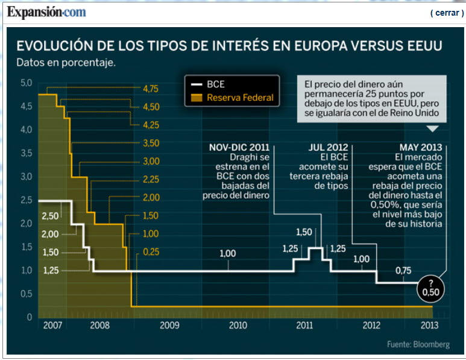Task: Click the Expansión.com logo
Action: (x=46, y=11)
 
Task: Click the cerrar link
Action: (x=447, y=13)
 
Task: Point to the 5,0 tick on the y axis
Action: (x=25, y=83)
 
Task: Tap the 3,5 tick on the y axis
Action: (x=25, y=153)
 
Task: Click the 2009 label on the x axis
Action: (x=169, y=326)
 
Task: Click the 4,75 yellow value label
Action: (x=150, y=89)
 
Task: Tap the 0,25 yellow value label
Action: (x=150, y=252)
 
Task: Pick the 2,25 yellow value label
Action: (x=150, y=180)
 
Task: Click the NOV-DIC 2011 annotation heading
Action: (x=239, y=147)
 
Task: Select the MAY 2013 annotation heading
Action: (x=421, y=147)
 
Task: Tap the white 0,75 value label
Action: (x=403, y=271)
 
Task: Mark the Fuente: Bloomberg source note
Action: (x=418, y=344)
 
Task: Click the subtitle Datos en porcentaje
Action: (x=66, y=62)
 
